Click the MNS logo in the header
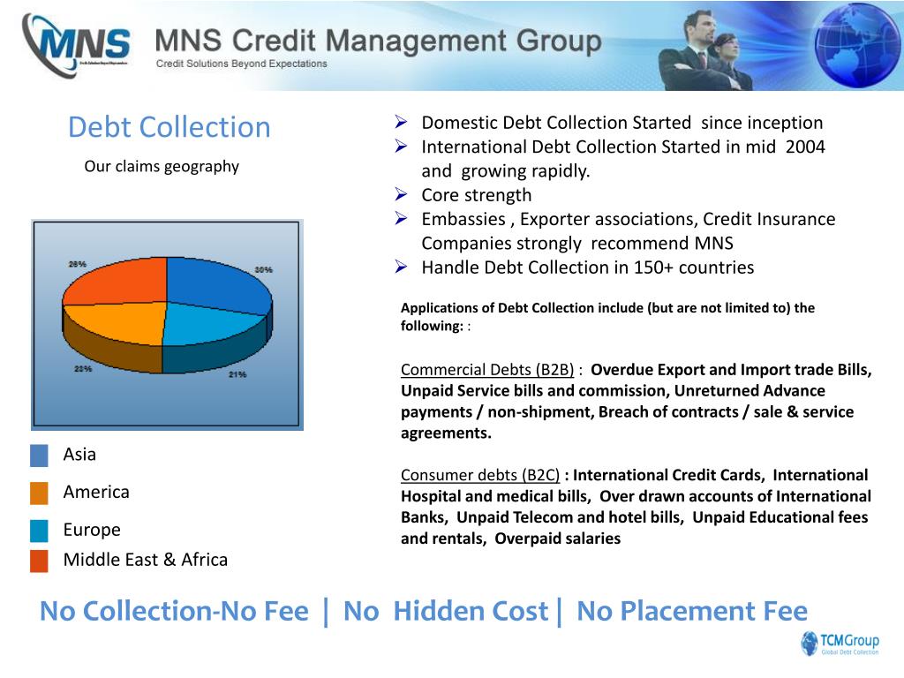[x=78, y=44]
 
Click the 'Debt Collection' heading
[x=169, y=127]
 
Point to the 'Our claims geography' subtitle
[x=162, y=166]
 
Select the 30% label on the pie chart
[x=263, y=269]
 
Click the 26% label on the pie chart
[x=78, y=264]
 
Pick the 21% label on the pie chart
[x=237, y=374]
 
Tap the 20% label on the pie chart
[x=83, y=369]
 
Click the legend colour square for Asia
[x=39, y=456]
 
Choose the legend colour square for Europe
[x=39, y=531]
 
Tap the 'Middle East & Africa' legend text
[x=146, y=560]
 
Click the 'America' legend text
[x=96, y=493]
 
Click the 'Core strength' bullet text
[x=477, y=195]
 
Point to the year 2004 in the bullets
[x=804, y=147]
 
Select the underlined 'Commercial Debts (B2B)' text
[x=487, y=370]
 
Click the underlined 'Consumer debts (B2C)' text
[x=480, y=475]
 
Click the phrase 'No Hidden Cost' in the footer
[x=445, y=611]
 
